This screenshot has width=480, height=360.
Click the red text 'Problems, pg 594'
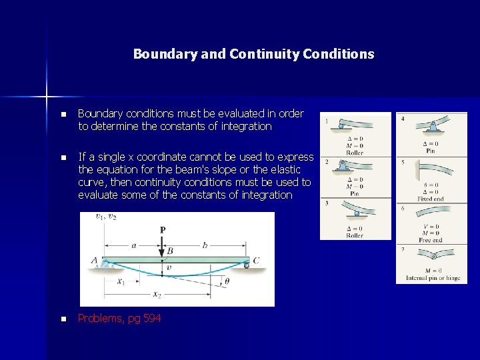[119, 319]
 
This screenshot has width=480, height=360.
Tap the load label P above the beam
[163, 229]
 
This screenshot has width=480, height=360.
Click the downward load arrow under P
[162, 246]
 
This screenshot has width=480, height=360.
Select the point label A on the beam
[95, 261]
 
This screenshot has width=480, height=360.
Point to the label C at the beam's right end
[256, 260]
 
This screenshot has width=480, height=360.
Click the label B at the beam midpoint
[170, 251]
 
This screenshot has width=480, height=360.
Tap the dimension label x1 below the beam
[121, 281]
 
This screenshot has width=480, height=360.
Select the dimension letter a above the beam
[133, 245]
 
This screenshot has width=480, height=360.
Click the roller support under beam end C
[247, 265]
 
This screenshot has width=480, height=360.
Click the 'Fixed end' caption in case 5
[431, 199]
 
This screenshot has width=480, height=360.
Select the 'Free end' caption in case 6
[431, 240]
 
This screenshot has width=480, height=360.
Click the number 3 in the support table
[327, 203]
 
